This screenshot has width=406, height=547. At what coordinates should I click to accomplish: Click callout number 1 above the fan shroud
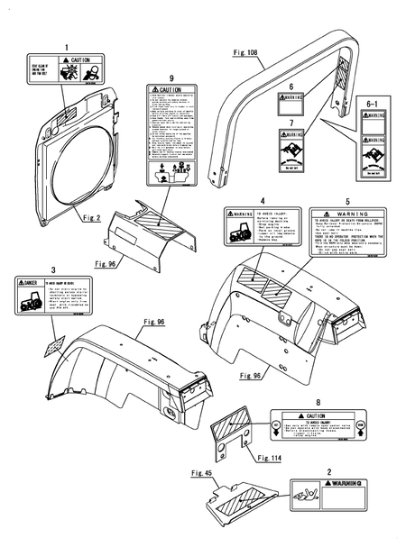65,46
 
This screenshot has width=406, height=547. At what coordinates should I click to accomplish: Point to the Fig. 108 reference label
244,53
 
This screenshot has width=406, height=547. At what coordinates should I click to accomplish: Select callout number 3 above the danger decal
53,269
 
